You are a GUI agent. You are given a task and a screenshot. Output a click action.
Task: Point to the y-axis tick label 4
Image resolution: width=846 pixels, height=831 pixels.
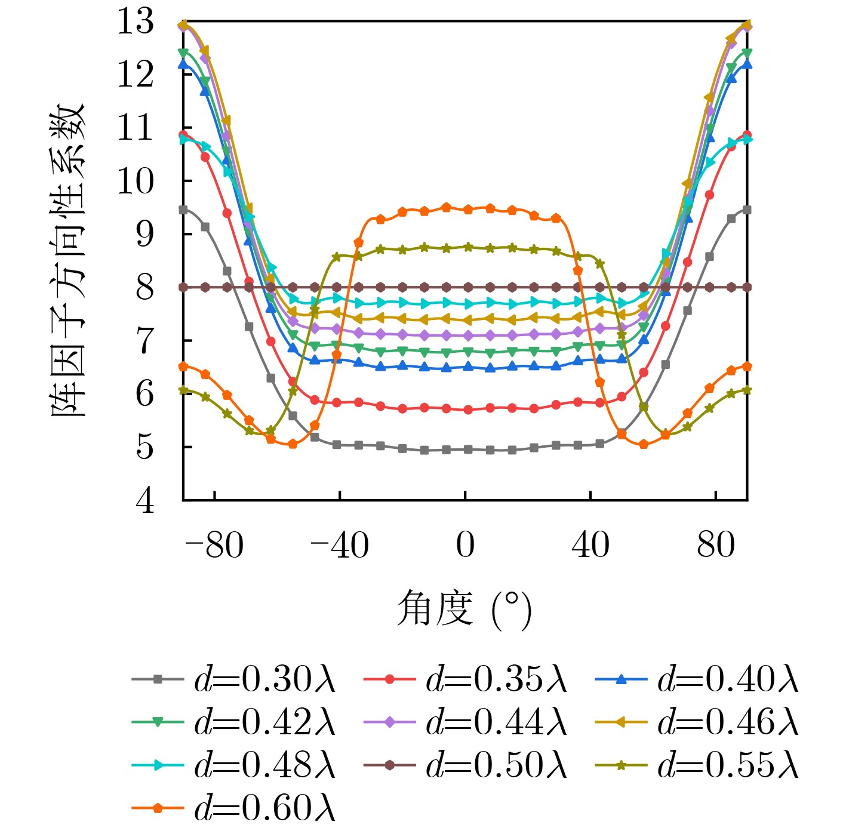click(145, 500)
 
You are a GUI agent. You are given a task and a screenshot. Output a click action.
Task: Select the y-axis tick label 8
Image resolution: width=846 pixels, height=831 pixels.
click(145, 288)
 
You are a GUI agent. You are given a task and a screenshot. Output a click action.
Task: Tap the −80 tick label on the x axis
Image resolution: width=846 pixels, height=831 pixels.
click(214, 545)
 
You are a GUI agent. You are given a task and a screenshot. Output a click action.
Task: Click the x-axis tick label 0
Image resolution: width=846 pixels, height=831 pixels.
click(465, 545)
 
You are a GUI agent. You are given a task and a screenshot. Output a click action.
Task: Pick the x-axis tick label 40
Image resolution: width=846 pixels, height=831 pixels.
click(590, 545)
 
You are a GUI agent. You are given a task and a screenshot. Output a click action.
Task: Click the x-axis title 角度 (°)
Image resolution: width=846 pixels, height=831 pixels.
click(464, 610)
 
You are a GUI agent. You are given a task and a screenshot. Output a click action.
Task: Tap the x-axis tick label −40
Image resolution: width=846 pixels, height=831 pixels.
click(339, 545)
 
